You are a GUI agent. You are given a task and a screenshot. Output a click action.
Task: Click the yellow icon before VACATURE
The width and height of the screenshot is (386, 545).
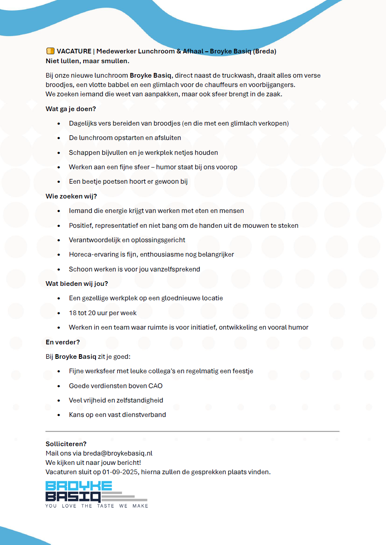tap(50, 51)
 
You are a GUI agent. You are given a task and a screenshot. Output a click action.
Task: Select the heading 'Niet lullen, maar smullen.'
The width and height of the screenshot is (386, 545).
tap(87, 61)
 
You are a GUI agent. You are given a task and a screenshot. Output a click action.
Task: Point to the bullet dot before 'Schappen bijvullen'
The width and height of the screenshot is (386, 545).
tap(59, 153)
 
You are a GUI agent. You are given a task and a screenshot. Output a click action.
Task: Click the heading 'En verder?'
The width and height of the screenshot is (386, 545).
tap(63, 342)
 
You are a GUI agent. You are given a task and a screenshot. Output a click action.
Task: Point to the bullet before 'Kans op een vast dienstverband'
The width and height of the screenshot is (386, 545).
tap(59, 415)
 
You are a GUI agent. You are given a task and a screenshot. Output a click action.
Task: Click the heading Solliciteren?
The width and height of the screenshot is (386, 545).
tap(66, 444)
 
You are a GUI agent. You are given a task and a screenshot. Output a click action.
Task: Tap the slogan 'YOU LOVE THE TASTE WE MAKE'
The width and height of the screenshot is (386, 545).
tap(97, 506)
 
